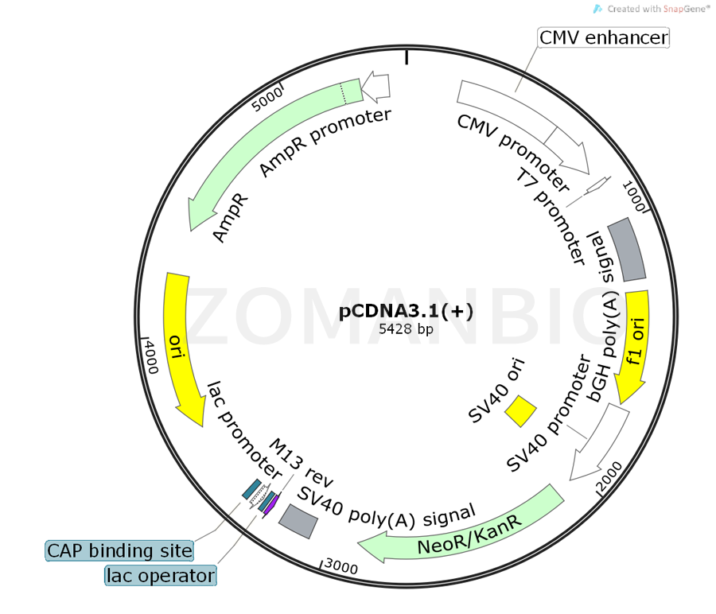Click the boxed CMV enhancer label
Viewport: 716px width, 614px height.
pyautogui.click(x=604, y=37)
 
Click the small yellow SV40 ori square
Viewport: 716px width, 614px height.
pyautogui.click(x=521, y=411)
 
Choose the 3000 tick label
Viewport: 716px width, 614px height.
pyautogui.click(x=343, y=565)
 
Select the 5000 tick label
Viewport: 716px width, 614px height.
pyautogui.click(x=267, y=101)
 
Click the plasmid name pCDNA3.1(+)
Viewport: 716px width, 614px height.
pyautogui.click(x=406, y=311)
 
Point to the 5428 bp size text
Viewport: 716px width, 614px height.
pyautogui.click(x=406, y=329)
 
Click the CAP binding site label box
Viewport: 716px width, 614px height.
pyautogui.click(x=119, y=550)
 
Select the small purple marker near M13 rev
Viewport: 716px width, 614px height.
pyautogui.click(x=271, y=504)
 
